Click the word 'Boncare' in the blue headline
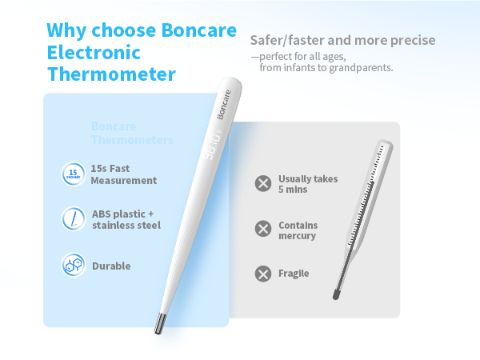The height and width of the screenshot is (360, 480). pos(198,31)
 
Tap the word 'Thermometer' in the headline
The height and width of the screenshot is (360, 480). pos(111,74)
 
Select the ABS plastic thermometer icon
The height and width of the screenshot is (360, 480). pos(73,218)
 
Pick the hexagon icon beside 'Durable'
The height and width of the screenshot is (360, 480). pos(73,266)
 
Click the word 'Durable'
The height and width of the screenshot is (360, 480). pos(111,266)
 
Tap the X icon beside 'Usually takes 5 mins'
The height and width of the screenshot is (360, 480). pos(262,183)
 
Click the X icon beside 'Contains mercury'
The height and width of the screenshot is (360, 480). pos(262,230)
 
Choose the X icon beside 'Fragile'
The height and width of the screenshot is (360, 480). pos(262,274)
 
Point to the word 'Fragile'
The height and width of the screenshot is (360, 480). pos(294,274)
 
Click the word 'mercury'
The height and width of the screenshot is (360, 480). pos(298,236)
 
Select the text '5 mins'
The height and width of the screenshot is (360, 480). pos(293,190)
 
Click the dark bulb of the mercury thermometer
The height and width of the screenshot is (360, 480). pos(337,293)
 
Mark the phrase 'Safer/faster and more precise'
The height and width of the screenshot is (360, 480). pos(342,40)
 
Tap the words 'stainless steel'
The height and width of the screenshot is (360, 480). pos(126,226)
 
